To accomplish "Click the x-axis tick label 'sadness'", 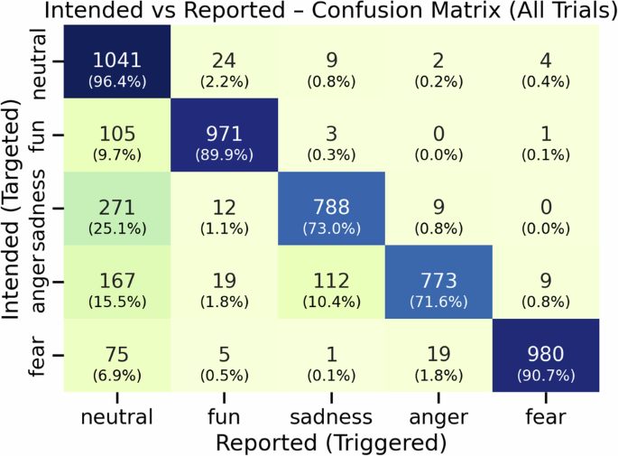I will (x=332, y=416).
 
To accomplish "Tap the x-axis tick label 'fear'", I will (x=546, y=416).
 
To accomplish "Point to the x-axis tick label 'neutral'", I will (x=116, y=416).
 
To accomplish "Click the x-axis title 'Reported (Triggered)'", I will (x=331, y=442).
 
